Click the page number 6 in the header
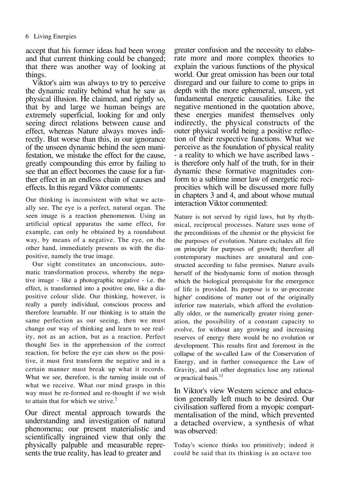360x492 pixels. tap(27, 37)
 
